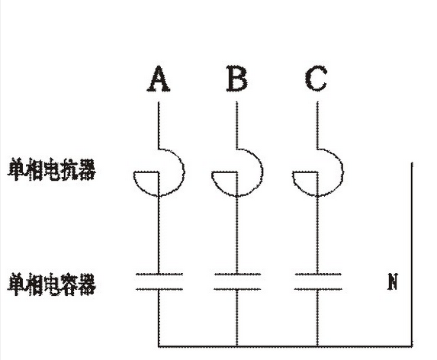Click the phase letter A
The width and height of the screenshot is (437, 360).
[159, 79]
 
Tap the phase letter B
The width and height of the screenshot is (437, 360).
[236, 79]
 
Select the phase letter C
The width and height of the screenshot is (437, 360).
[317, 79]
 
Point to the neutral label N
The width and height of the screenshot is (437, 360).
[393, 281]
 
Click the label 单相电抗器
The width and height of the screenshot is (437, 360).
[52, 169]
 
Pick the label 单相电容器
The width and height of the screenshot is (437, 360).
[52, 284]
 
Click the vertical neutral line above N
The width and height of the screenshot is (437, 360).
[412, 254]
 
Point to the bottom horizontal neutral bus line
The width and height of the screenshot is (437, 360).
[285, 346]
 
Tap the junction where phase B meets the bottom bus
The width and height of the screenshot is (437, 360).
[237, 346]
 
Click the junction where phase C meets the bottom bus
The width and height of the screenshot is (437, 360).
[317, 346]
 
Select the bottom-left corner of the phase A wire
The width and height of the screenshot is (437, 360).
[159, 346]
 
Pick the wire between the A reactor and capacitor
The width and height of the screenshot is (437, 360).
[159, 235]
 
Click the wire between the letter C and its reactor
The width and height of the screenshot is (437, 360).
[317, 125]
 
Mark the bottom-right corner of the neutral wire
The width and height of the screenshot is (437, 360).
[412, 346]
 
